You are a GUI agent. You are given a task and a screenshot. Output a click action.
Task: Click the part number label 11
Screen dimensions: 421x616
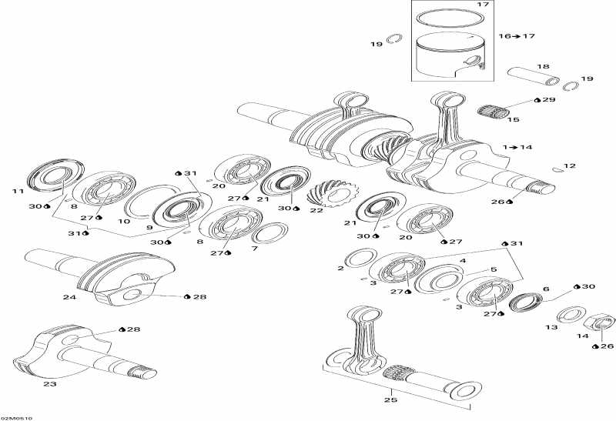coord(17,190)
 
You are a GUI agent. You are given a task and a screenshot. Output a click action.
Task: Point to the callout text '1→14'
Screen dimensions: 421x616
coord(517,146)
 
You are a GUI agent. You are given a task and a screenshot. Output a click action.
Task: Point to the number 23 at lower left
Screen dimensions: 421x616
coord(52,383)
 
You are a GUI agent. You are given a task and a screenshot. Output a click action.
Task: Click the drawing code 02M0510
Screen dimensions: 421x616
coord(16,417)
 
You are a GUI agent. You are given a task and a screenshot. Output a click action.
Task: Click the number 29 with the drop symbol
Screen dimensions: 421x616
coord(547,101)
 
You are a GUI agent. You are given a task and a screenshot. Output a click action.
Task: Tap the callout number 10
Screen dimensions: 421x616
coord(124,222)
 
